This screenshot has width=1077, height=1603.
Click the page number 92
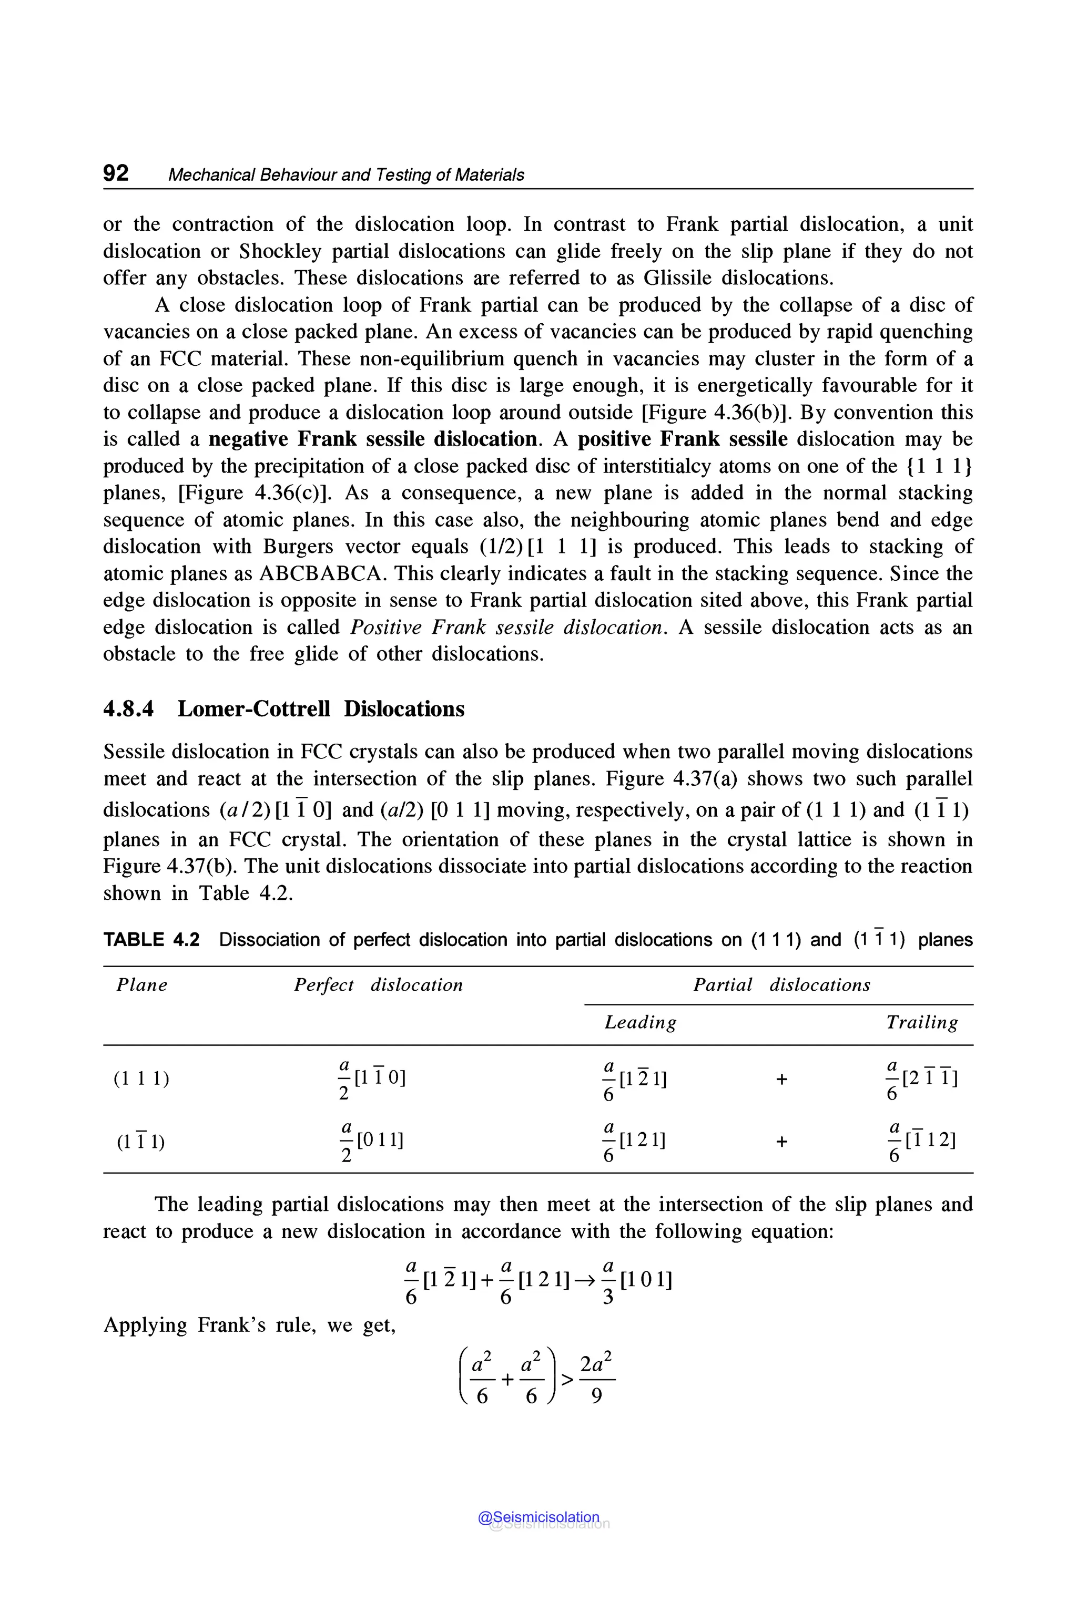pos(115,173)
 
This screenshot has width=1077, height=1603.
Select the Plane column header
pos(141,985)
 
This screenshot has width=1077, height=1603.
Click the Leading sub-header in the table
pos(640,1023)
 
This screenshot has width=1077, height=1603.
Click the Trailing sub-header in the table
pos(922,1023)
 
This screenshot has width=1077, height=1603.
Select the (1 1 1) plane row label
pos(141,1078)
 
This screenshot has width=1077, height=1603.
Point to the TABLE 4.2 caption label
pos(151,940)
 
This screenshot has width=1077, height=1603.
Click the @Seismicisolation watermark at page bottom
pos(539,1517)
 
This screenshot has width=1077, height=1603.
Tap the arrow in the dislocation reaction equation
pos(586,1280)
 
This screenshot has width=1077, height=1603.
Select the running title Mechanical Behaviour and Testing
pos(346,175)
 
